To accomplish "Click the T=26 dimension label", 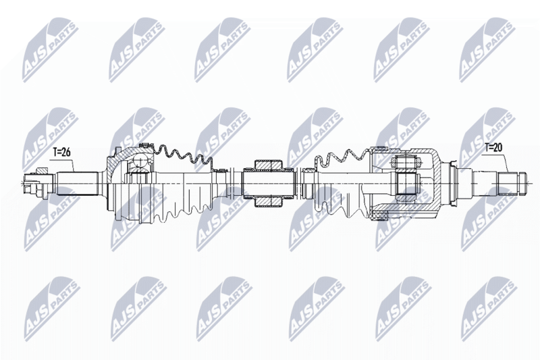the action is pyautogui.click(x=62, y=153).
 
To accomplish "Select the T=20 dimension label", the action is pyautogui.click(x=493, y=148).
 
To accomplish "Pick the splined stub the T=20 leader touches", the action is pyautogui.click(x=508, y=184).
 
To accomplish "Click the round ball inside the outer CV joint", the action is pyautogui.click(x=140, y=160).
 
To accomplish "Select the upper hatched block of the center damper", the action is pyautogui.click(x=268, y=164).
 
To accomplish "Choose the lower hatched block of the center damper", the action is pyautogui.click(x=268, y=202).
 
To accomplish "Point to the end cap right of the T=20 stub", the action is pyautogui.click(x=522, y=184).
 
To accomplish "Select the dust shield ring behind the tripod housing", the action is pyautogui.click(x=452, y=184).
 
